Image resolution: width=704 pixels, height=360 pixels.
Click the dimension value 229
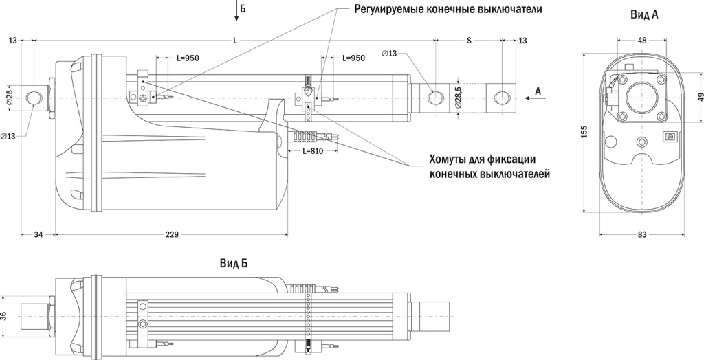pos(172,235)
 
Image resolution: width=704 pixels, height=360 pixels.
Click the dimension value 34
pos(38,235)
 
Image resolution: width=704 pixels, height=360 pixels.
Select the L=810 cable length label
pos(302,150)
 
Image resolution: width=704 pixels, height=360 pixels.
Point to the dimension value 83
pos(642,235)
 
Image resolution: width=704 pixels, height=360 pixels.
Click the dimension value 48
pos(642,41)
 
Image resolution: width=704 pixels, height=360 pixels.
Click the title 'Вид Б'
pos(234,263)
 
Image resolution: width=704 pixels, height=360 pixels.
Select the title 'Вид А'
pos(644,14)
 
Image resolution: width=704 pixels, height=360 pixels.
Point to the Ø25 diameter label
pos(9,98)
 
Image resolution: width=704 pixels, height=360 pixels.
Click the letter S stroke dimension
pos(469,41)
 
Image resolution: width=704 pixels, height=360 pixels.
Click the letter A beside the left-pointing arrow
pos(538,91)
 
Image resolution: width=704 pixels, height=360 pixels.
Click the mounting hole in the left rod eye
pos(34,98)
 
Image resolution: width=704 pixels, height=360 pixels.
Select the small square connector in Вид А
pos(668,136)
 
